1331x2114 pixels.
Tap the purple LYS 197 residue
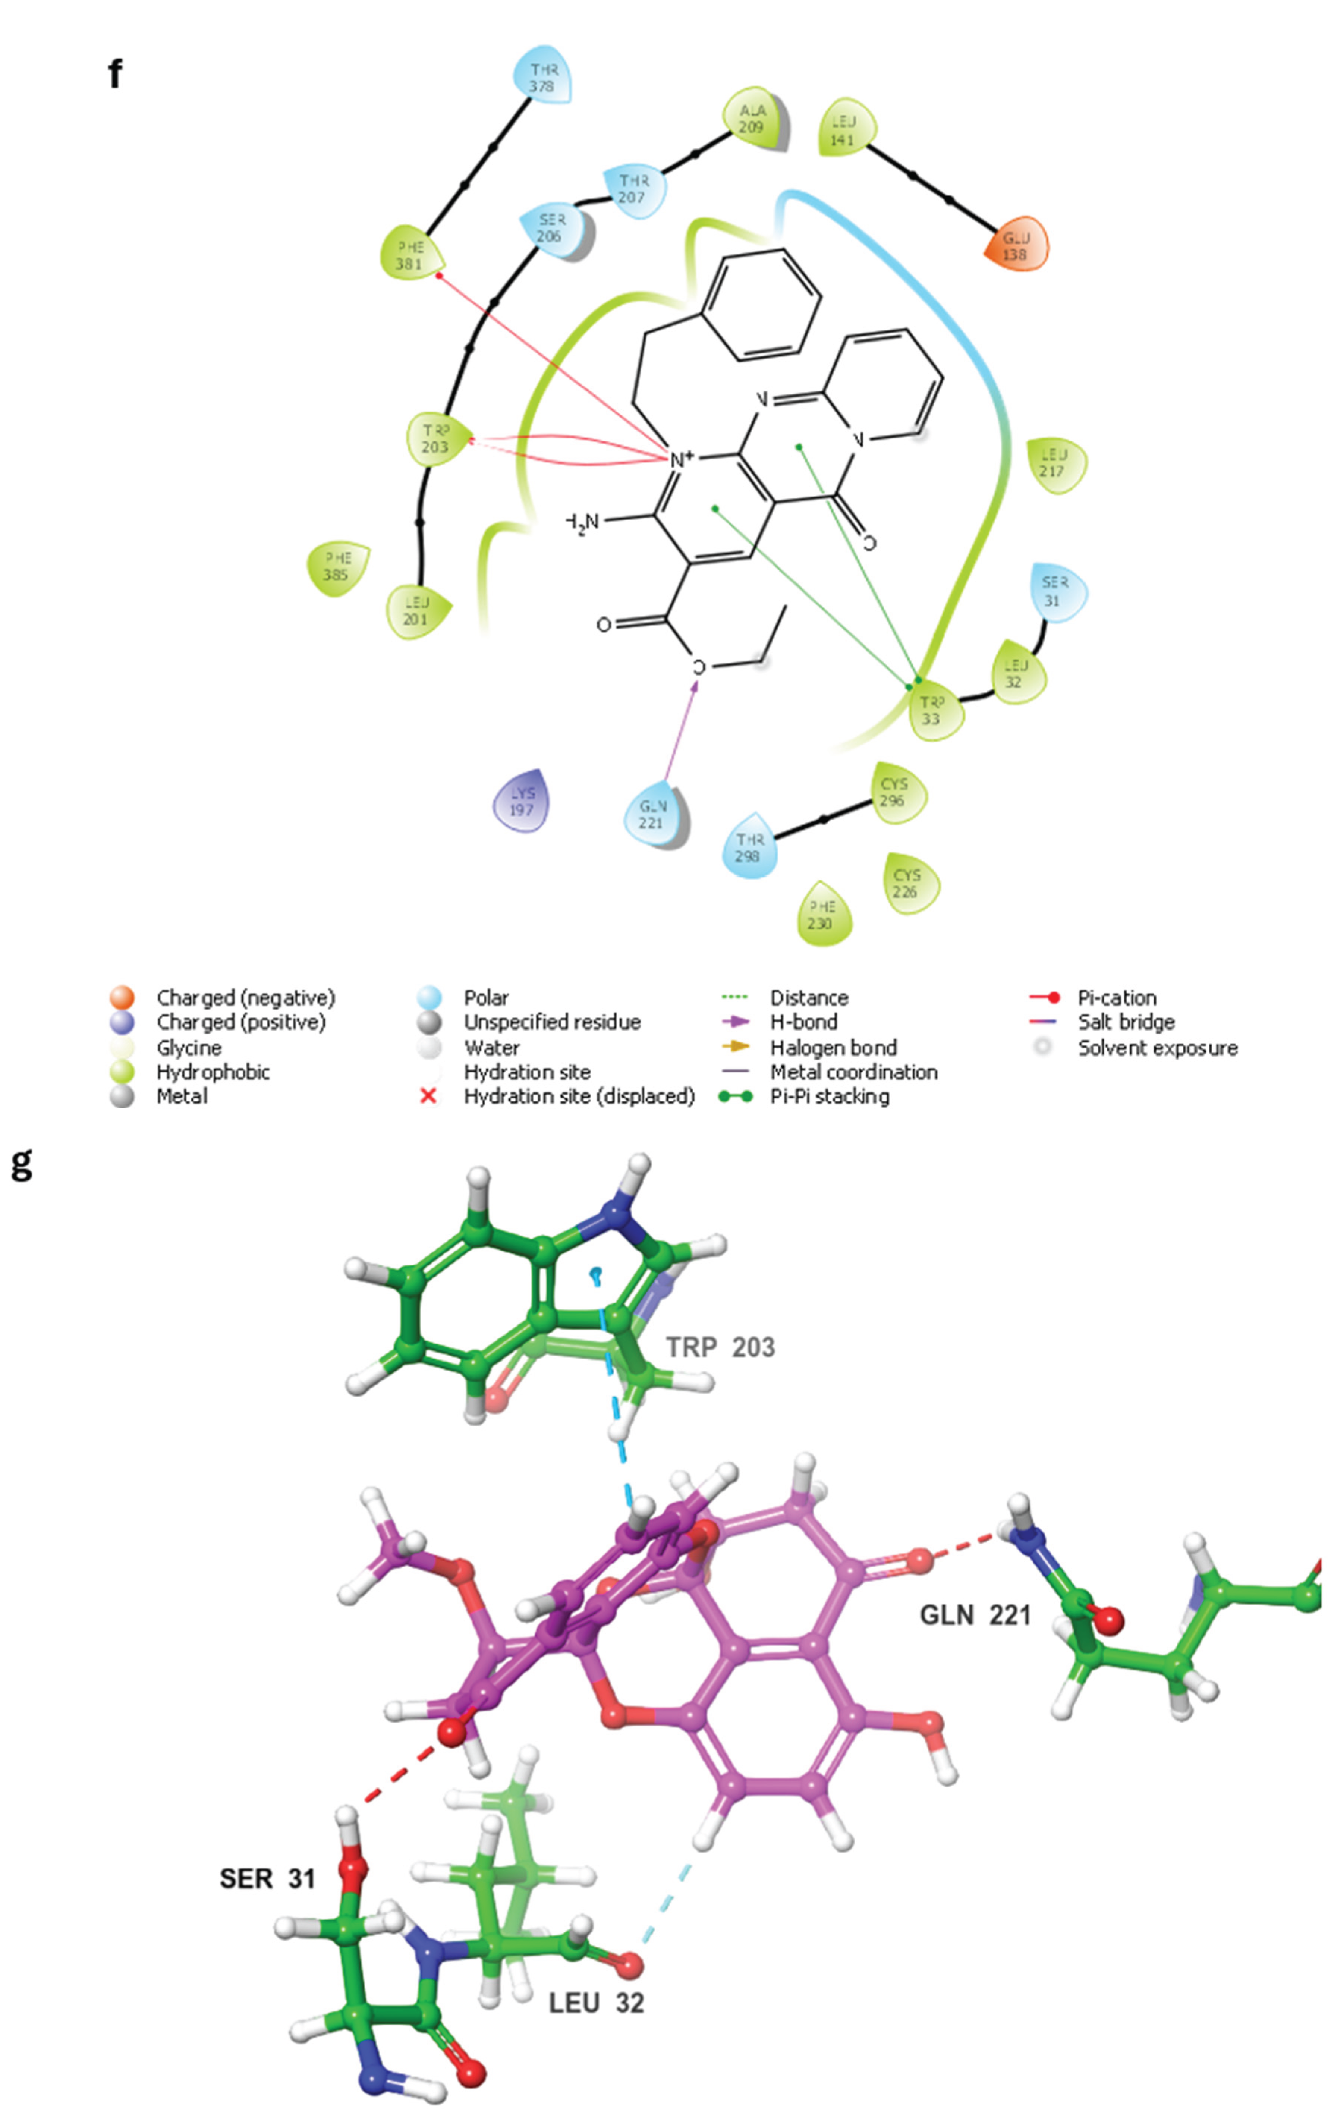tap(522, 800)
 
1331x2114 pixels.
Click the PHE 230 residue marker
tap(823, 914)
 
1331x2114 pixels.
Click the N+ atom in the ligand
tap(680, 458)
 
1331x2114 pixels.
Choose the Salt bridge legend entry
tap(1126, 1022)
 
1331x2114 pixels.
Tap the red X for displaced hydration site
tap(428, 1097)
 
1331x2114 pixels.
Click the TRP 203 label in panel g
tap(720, 1347)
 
